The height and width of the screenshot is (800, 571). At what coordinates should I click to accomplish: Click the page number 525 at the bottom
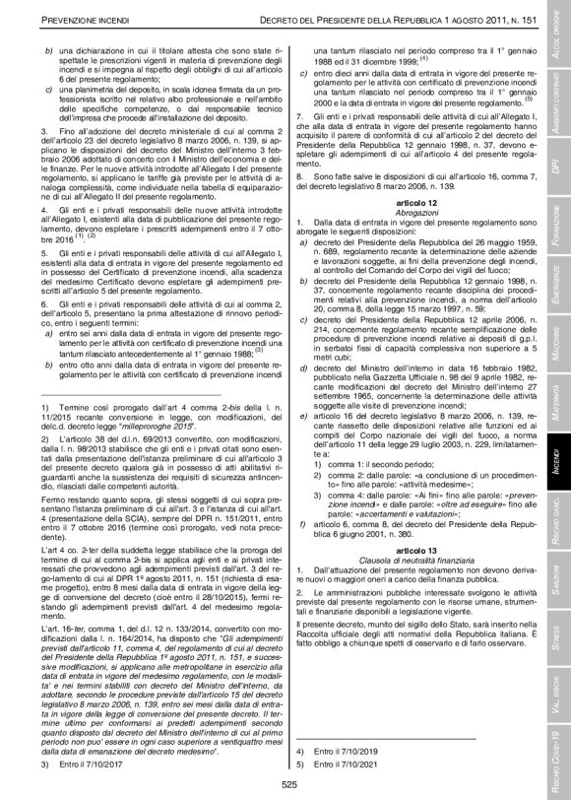289,783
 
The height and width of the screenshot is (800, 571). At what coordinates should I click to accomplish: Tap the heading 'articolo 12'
412,200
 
